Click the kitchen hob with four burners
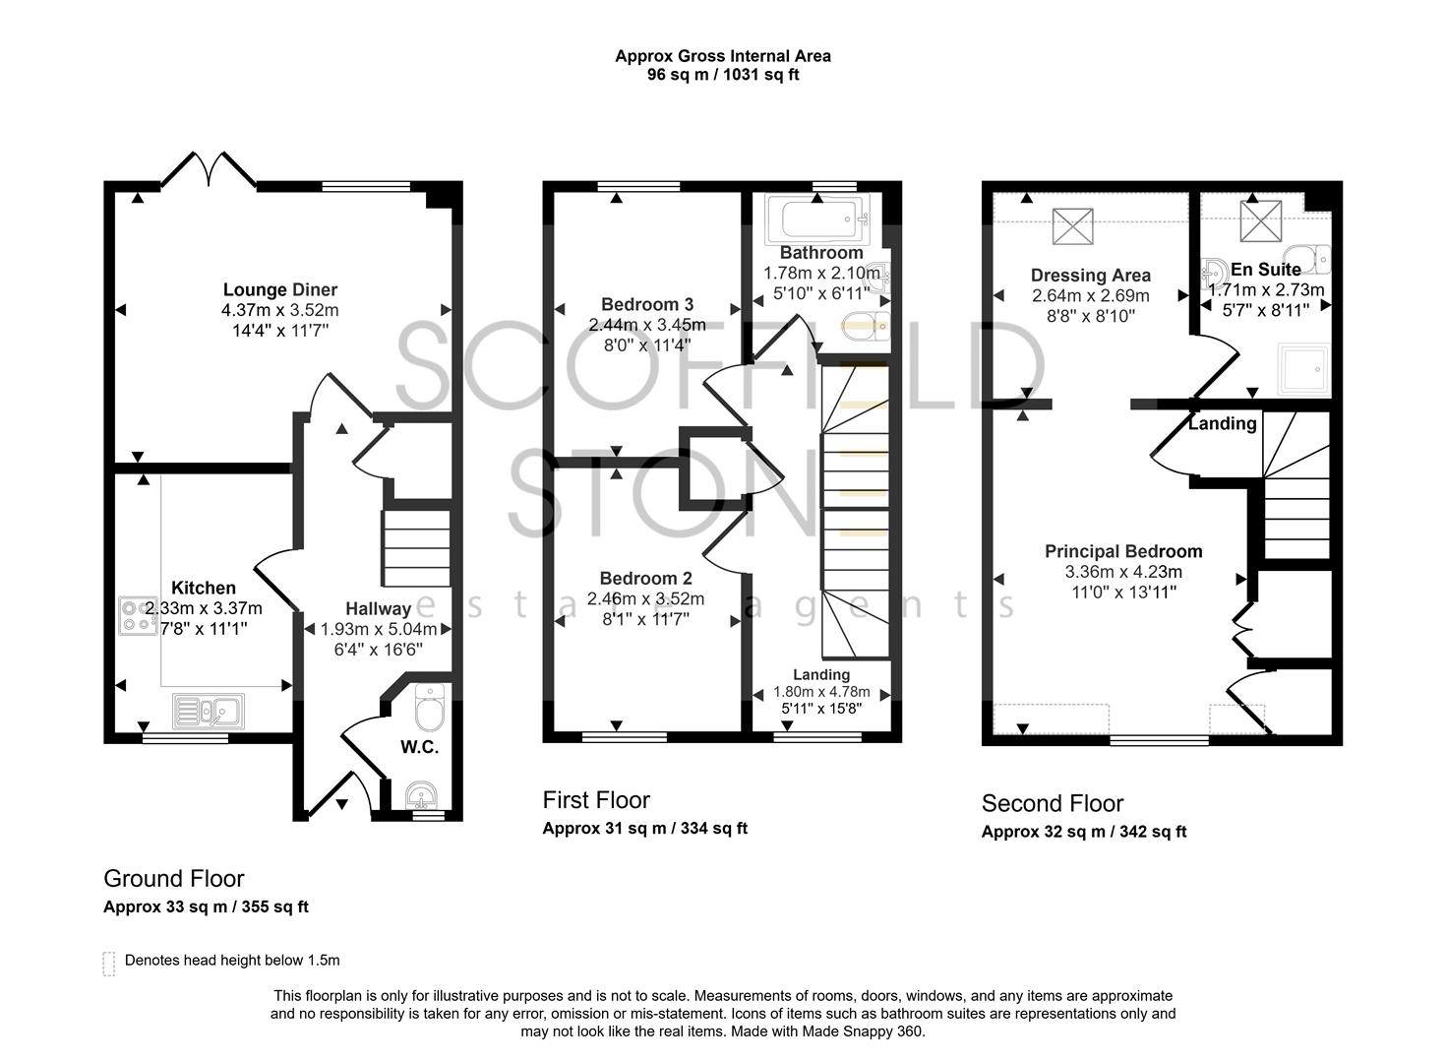[x=138, y=615]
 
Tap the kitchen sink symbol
[x=209, y=710]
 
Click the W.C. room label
[x=419, y=747]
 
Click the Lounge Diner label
[x=279, y=289]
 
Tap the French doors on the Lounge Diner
[x=208, y=169]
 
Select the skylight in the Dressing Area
[x=1072, y=226]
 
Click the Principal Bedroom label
[x=1123, y=551]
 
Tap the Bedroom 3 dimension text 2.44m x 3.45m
[x=646, y=325]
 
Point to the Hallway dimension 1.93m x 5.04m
[x=379, y=629]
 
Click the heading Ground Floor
[x=174, y=878]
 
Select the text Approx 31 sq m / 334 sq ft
[x=644, y=828]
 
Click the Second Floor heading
[x=1052, y=803]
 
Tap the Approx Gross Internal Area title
[x=722, y=56]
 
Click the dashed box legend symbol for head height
[x=108, y=963]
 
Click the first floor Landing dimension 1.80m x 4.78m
[x=821, y=692]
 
